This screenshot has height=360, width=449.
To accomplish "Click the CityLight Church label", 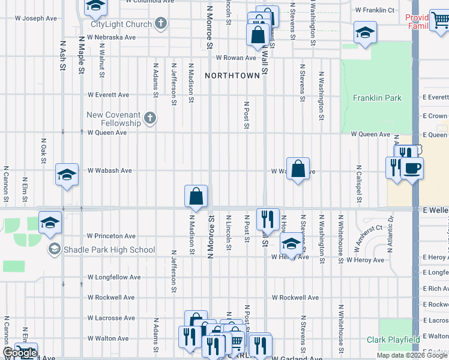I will (x=121, y=25).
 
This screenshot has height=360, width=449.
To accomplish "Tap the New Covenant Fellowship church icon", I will (x=150, y=118).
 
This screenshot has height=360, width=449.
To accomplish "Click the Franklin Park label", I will (x=377, y=98).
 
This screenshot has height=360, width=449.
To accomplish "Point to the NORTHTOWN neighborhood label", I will (x=233, y=76).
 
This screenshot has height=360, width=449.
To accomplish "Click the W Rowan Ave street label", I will (x=236, y=58).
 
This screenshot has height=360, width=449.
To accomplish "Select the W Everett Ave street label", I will (x=108, y=95).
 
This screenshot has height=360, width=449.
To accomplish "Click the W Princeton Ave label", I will (x=111, y=236).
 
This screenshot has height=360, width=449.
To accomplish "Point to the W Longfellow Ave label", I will (x=113, y=277).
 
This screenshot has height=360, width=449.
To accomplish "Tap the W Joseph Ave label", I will (x=36, y=19).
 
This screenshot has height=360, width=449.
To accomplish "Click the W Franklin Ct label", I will (x=375, y=10).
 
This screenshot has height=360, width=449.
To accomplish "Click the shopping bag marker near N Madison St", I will (x=196, y=196).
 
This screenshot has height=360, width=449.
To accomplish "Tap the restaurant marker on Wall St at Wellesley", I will (x=267, y=217).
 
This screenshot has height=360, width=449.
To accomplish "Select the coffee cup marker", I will (x=412, y=168).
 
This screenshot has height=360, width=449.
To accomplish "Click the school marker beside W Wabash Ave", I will (x=67, y=175).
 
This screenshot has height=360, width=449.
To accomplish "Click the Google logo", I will (x=19, y=353).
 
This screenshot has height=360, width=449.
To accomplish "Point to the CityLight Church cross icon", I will (x=160, y=23).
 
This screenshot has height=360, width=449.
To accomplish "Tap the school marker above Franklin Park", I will (x=364, y=33).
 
